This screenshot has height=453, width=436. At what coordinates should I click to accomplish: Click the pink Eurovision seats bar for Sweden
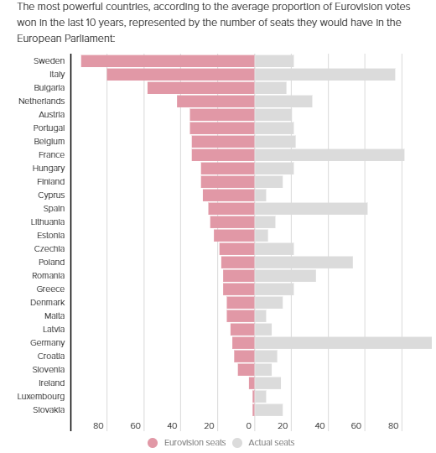click(168, 61)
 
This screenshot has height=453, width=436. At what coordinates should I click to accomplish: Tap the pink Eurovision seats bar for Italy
click(180, 75)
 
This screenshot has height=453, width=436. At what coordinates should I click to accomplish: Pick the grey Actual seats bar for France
click(329, 155)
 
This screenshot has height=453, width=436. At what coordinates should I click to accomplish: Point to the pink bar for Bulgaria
click(200, 88)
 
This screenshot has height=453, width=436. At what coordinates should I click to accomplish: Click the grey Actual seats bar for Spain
click(310, 209)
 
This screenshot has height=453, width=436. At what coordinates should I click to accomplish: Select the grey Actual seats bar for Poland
click(303, 263)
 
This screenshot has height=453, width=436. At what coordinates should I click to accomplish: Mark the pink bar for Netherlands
click(215, 102)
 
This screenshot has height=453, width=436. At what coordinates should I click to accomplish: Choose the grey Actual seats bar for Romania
click(284, 276)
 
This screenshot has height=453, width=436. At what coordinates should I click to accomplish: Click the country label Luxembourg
click(41, 396)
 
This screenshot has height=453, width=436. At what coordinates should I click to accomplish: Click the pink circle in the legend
click(153, 442)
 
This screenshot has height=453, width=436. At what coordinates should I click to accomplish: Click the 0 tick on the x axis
click(249, 426)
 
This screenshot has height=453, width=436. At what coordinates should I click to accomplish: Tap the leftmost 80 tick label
click(99, 426)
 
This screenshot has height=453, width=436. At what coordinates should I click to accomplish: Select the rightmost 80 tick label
click(394, 426)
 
